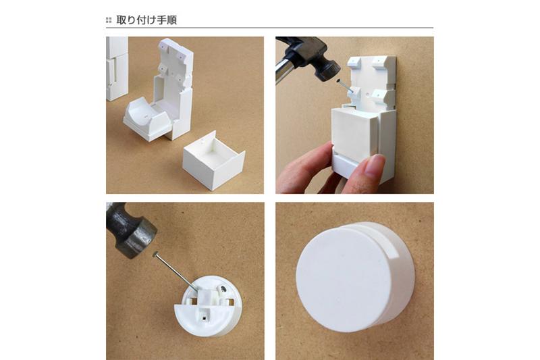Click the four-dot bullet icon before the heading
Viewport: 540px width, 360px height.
[x=109, y=21]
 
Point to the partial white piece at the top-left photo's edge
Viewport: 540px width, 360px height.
[x=116, y=68]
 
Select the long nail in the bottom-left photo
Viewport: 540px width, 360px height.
[x=176, y=271]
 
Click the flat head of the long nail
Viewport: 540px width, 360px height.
[x=155, y=254]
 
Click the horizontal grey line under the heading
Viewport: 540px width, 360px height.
[x=269, y=28]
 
